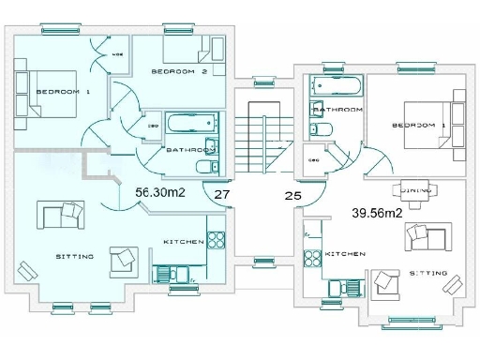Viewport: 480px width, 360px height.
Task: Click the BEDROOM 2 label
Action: tap(179, 71)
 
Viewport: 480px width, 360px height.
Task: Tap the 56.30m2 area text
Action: tap(160, 191)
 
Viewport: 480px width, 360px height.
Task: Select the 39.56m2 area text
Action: tap(377, 213)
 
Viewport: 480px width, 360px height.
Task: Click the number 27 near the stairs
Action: tap(222, 196)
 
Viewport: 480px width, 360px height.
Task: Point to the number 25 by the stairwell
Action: tap(292, 197)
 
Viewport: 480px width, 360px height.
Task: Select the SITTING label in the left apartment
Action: tap(74, 255)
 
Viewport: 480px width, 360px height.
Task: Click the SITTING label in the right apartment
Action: tap(428, 273)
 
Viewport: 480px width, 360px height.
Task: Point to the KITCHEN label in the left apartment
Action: tap(184, 242)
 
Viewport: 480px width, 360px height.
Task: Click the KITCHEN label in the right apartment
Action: tap(345, 254)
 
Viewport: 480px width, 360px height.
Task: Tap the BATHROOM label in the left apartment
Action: tap(191, 150)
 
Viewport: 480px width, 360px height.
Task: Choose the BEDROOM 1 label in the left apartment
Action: tap(63, 92)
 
